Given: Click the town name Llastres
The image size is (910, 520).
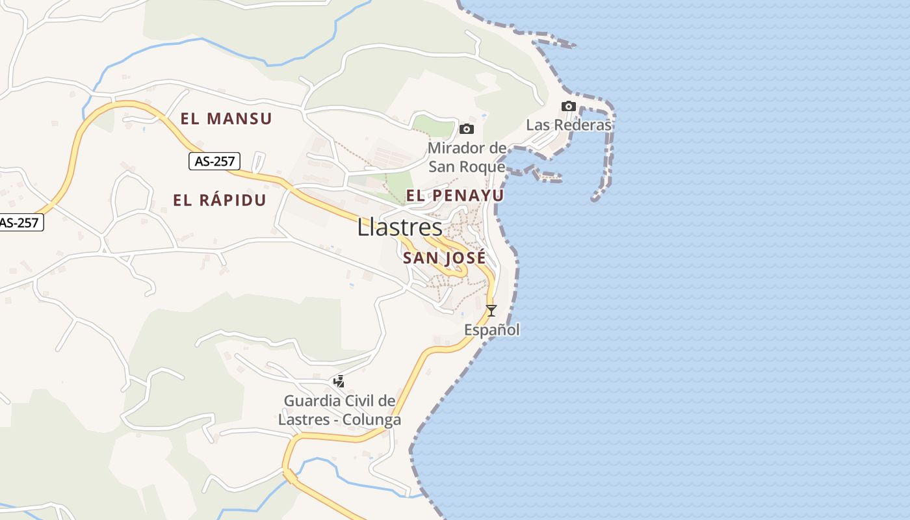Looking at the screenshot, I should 400,227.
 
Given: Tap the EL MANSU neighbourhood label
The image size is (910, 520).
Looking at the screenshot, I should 226,119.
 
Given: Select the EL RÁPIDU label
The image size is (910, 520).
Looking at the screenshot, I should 220,200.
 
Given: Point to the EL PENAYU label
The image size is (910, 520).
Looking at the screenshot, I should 455,195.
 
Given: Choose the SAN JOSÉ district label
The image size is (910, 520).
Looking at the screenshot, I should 444,258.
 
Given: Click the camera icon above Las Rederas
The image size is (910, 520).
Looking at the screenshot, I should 569,107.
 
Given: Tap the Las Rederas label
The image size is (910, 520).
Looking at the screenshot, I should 569,125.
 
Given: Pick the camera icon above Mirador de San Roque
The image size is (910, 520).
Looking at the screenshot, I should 467,129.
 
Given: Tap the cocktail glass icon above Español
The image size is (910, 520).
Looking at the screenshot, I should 491,311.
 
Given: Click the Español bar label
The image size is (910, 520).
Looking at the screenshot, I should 491,330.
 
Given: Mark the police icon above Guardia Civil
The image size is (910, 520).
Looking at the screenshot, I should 339,382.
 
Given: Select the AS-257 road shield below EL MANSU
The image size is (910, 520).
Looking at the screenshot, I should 214,161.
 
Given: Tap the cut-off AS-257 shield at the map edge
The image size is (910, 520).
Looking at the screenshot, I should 19,222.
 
